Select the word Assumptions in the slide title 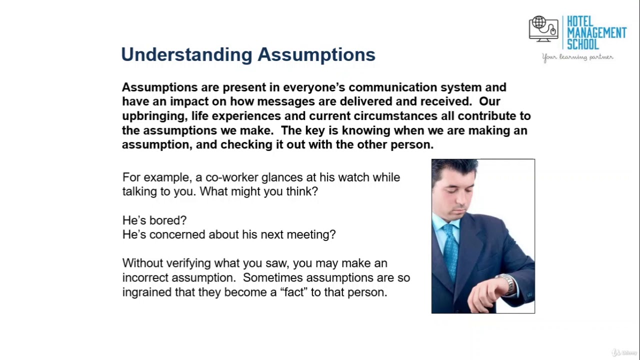tap(316, 54)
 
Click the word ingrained tap(147, 292)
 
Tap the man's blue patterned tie tap(451, 250)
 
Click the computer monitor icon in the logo tap(543, 28)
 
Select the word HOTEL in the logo tap(580, 22)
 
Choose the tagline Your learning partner tap(577, 57)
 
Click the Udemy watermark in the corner tap(625, 352)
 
